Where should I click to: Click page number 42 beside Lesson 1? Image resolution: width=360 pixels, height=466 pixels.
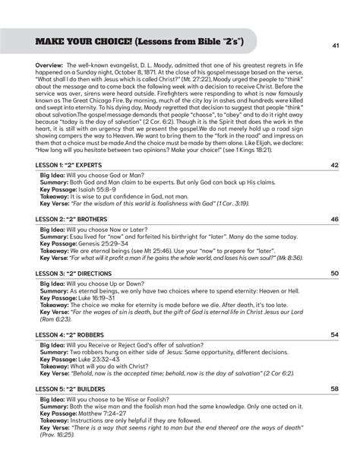point(334,165)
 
